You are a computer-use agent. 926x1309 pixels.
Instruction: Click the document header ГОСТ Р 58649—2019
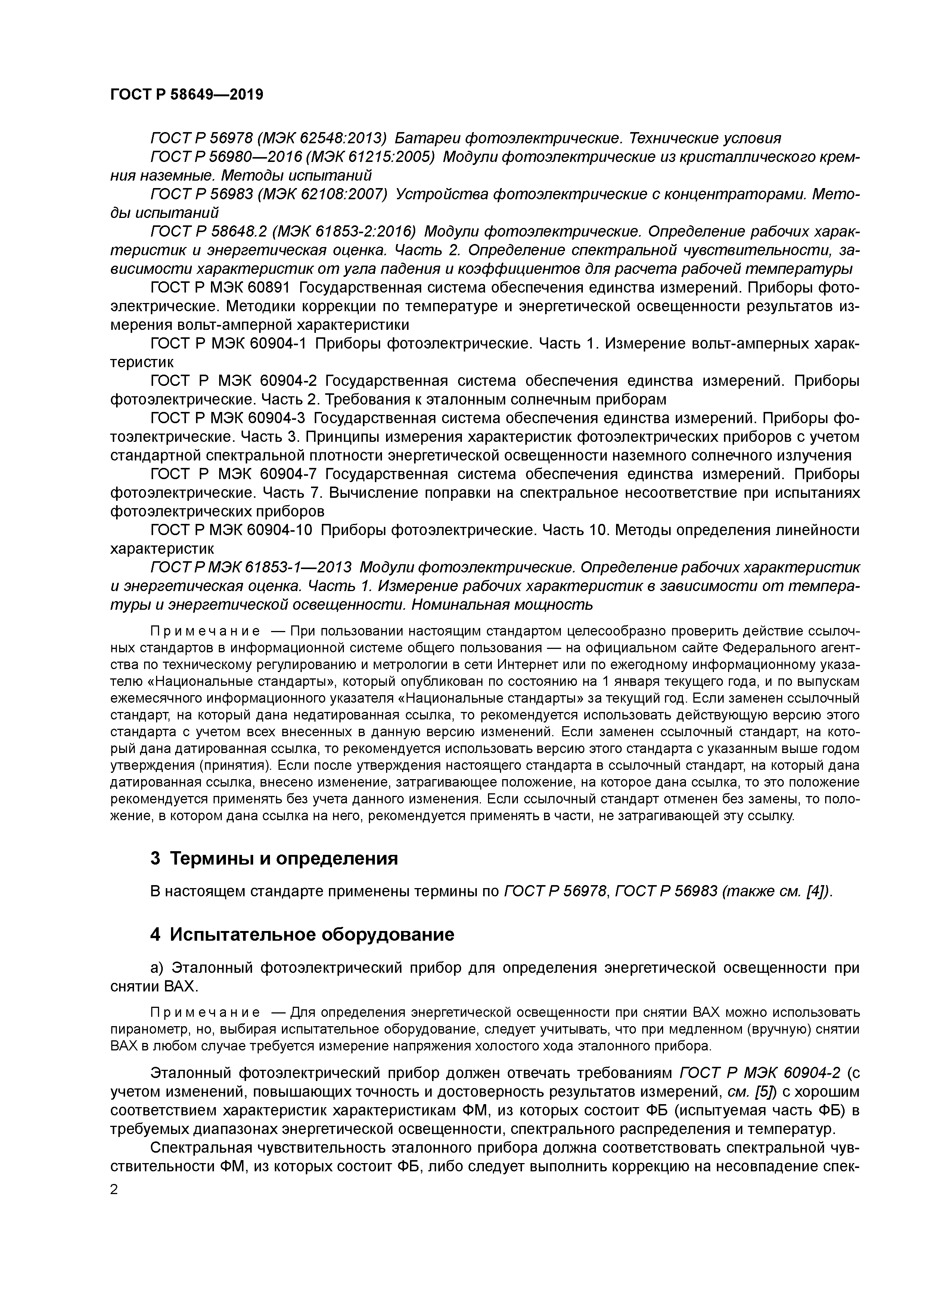187,95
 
